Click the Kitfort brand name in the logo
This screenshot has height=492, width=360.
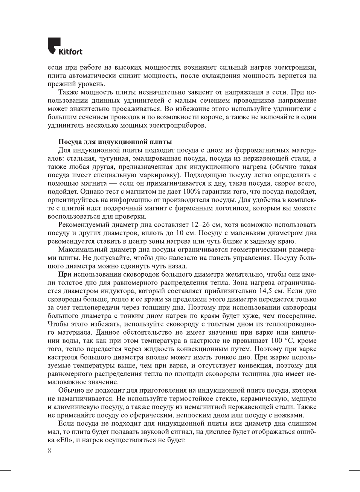[70, 52]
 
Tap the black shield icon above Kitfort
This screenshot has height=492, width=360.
[54, 44]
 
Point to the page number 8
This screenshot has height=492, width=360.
[49, 451]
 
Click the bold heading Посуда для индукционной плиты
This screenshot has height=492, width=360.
[115, 142]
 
